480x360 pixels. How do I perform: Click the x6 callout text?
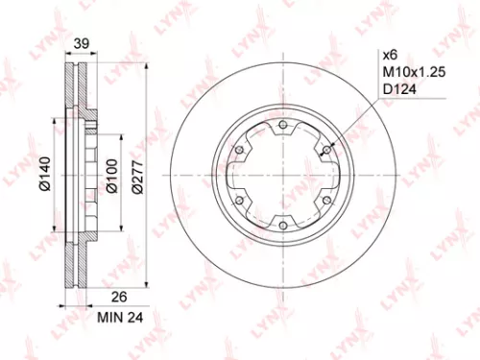[x=393, y=54]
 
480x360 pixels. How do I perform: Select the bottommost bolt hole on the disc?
[x=283, y=224]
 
